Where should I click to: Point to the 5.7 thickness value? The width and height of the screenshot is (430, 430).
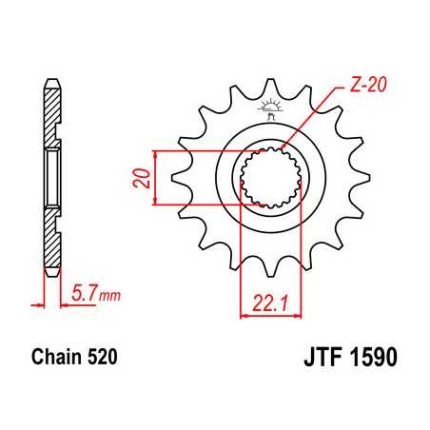pos(84,296)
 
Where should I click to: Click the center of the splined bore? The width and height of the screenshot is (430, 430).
pos(270,175)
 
